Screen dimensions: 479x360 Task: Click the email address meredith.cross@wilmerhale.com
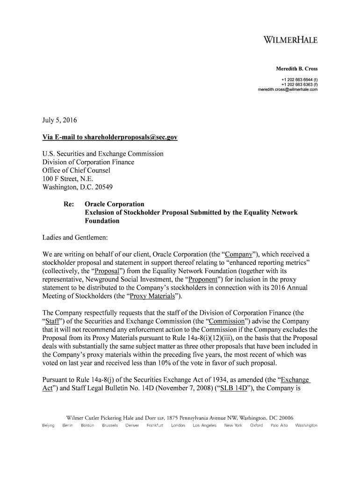click(288, 90)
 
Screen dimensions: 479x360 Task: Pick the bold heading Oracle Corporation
click(114, 204)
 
